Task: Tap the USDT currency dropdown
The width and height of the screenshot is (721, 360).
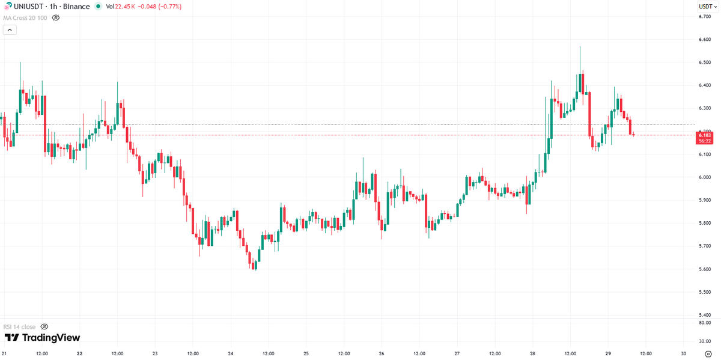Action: (705, 7)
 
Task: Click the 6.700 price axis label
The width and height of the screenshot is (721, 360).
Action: (705, 16)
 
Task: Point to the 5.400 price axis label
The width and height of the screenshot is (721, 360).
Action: (705, 315)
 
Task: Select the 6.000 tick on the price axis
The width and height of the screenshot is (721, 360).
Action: (705, 177)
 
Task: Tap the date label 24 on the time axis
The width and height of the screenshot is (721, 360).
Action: (231, 354)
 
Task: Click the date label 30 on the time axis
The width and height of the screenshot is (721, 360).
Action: (684, 354)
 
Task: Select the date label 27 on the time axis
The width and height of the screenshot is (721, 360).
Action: (457, 354)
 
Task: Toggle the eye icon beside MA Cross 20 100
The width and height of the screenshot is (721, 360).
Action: (56, 18)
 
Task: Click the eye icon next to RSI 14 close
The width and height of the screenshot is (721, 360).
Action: (44, 326)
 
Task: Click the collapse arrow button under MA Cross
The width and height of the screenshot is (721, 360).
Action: (10, 30)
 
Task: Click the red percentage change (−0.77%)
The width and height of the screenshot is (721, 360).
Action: (168, 7)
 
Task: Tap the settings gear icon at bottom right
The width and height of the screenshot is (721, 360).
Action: (708, 354)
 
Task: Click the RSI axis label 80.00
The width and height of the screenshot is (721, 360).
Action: (705, 323)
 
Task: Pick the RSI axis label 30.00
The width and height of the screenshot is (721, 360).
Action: (705, 341)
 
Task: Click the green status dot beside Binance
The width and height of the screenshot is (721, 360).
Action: (99, 7)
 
